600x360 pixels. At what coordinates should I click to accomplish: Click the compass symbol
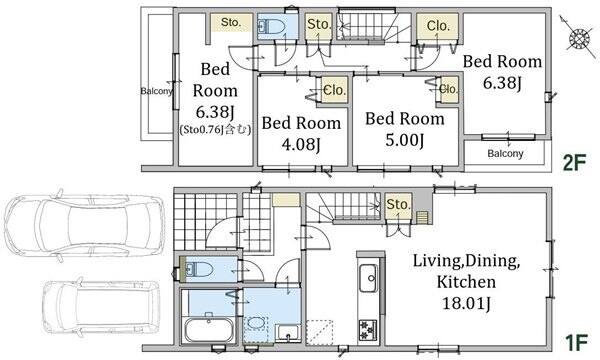coord(580,37)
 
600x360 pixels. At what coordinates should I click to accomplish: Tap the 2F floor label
coord(574,163)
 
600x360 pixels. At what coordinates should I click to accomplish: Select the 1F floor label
coord(576,343)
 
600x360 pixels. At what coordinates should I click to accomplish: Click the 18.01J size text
coord(466,303)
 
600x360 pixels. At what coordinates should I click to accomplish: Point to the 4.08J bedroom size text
coord(301,144)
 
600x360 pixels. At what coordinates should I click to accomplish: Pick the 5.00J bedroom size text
coord(404,140)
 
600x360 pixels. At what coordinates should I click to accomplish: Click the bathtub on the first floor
coord(209,330)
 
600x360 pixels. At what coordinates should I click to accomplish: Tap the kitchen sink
coord(368,278)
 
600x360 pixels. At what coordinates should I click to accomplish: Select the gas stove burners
coord(368,330)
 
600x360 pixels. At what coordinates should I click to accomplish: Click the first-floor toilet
coord(199,269)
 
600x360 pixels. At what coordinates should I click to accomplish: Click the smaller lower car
coord(101,307)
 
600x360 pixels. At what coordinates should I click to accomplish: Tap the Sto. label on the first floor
coord(398,204)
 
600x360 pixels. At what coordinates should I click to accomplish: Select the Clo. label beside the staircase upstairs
coord(438,26)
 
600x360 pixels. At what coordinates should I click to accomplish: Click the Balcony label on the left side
coord(156,91)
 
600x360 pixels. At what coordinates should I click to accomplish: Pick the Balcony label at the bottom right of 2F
coord(505,154)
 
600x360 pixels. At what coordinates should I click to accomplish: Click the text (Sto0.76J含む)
coord(215,130)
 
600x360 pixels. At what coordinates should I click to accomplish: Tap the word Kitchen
coord(466,282)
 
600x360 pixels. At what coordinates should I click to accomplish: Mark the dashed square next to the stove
coord(320,333)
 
